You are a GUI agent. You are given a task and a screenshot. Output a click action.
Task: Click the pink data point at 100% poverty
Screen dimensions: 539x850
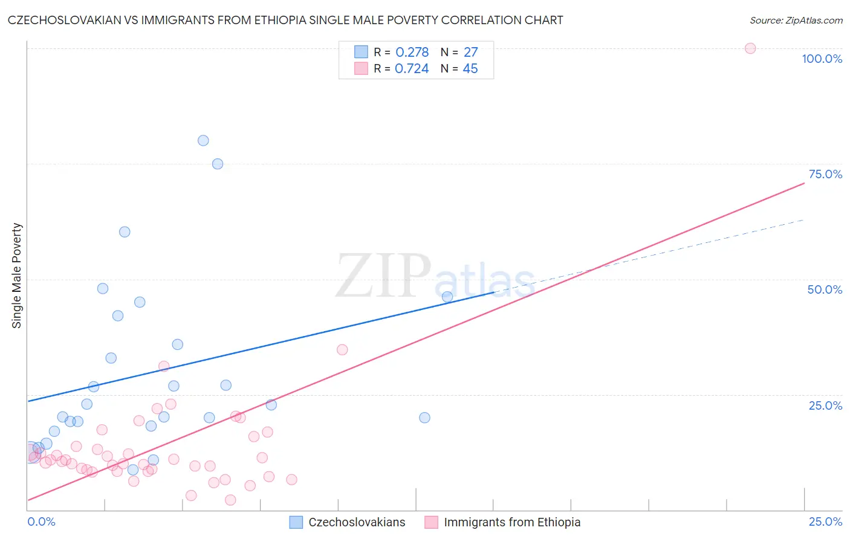pos(750,48)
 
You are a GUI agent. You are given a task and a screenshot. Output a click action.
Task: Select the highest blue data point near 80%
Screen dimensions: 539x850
pos(203,140)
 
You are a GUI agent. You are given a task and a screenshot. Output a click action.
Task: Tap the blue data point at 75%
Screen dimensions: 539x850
pos(218,164)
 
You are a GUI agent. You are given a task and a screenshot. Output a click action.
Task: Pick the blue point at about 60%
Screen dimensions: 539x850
pos(125,231)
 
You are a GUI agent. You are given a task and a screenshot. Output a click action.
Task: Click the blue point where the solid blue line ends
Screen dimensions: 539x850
pos(447,297)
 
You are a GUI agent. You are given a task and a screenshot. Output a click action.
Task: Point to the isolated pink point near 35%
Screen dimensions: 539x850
pos(342,349)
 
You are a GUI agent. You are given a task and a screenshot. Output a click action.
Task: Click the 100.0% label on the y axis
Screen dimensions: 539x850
pos(822,59)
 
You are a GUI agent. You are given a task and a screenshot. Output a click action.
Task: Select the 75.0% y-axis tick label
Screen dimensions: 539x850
pos(825,174)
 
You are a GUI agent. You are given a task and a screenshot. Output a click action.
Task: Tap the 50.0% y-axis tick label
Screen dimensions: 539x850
pos(825,289)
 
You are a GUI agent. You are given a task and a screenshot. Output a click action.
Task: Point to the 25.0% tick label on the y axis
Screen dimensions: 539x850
pos(825,405)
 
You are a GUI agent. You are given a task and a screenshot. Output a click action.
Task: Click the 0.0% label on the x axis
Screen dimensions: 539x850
pos(41,521)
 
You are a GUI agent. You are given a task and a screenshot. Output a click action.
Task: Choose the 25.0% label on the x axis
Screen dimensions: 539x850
pos(825,521)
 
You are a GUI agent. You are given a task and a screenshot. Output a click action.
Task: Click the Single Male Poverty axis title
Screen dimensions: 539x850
pos(17,276)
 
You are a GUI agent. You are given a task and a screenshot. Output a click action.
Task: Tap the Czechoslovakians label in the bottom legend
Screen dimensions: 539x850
pos(357,522)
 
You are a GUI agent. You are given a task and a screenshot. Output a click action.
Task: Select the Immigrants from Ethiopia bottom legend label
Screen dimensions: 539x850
pos(512,522)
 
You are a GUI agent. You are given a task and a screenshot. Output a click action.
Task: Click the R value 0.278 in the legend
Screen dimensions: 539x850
pos(412,53)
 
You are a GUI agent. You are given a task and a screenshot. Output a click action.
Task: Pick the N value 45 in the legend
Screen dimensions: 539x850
pos(470,69)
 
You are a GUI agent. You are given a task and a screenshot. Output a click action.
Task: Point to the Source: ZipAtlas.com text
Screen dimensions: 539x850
pos(796,21)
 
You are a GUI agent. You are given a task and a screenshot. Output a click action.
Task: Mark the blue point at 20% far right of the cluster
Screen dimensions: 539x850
pos(424,418)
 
